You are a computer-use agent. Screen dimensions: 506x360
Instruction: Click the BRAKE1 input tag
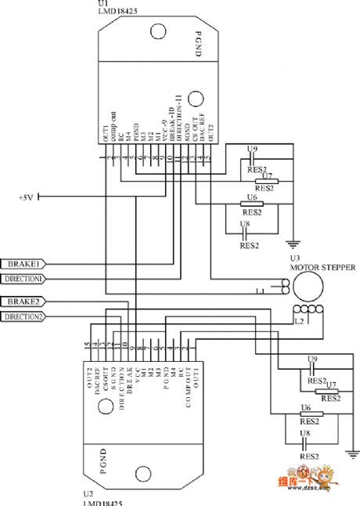24,263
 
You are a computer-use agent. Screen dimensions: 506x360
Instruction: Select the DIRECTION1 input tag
24,278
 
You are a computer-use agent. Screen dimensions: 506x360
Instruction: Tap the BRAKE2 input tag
24,302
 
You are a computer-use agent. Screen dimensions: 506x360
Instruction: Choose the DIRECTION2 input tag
24,316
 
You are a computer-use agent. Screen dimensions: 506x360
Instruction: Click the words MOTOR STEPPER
322,266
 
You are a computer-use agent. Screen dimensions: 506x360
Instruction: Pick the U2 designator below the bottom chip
88,495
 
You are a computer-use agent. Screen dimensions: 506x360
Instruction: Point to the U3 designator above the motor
295,258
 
